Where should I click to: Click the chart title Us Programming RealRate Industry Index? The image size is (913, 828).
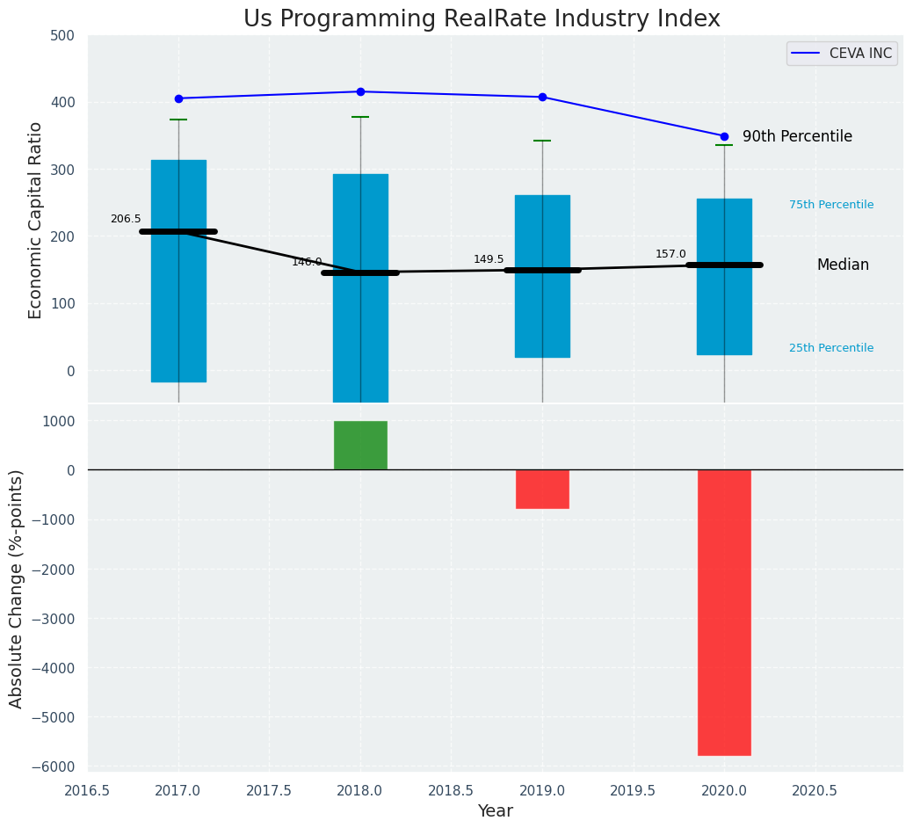482,19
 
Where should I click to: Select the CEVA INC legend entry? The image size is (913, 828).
842,54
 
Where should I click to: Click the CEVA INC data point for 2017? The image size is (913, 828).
178,98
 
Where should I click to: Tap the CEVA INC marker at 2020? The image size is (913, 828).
724,136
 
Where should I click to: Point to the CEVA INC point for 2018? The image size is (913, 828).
360,91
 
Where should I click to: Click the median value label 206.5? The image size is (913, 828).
126,219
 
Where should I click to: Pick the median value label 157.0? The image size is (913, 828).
670,254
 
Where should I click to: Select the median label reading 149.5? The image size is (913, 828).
489,259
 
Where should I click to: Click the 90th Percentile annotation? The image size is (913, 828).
797,136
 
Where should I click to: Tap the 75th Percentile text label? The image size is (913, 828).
830,205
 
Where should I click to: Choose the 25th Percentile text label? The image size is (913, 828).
830,348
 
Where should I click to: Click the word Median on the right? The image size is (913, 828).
842,265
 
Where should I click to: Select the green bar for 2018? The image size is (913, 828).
360,445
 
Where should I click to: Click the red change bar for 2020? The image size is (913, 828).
724,612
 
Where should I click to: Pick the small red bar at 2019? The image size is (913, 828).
542,489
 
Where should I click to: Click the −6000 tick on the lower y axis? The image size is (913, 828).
54,766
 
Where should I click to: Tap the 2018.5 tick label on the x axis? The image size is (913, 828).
451,790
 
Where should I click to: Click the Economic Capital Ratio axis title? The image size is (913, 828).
36,220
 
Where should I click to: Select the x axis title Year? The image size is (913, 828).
495,811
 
